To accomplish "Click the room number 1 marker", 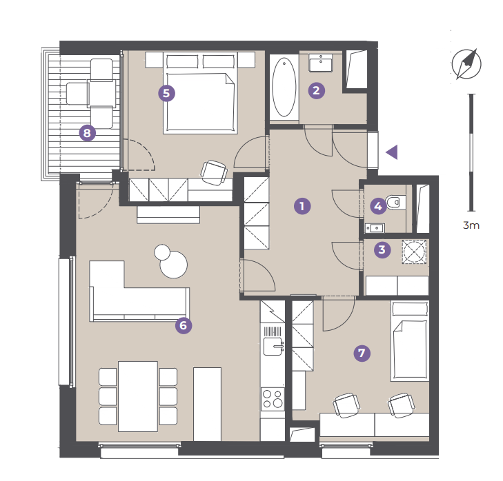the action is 302,206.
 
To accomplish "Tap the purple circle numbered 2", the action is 317,90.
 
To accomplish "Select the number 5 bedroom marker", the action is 166,93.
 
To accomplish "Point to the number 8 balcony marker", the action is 88,133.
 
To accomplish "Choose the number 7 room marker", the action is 362,353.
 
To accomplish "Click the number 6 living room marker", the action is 184,325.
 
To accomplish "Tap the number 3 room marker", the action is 382,249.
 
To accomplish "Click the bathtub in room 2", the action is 284,87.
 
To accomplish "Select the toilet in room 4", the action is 396,203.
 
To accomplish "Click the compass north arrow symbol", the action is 466,64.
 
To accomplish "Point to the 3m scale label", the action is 471,225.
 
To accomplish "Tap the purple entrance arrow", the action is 392,152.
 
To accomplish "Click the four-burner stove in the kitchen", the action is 273,398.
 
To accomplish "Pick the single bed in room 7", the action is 410,341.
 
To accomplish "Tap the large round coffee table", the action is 174,264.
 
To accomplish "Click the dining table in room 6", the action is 138,396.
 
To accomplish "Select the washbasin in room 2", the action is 321,63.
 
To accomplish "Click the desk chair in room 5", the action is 214,173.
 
